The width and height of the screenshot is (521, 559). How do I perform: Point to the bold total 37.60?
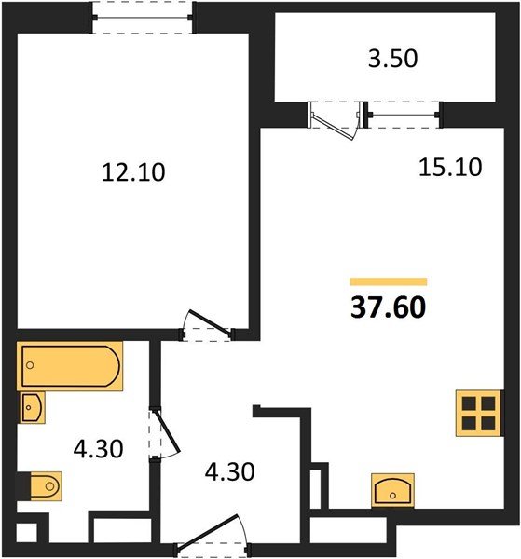coord(388,307)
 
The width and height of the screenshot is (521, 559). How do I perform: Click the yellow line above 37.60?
coord(388,281)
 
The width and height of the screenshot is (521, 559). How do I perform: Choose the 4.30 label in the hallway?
coord(229,471)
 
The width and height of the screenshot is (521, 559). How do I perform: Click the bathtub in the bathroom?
coord(70,366)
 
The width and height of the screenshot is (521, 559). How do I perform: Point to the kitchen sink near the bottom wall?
coord(392,489)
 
